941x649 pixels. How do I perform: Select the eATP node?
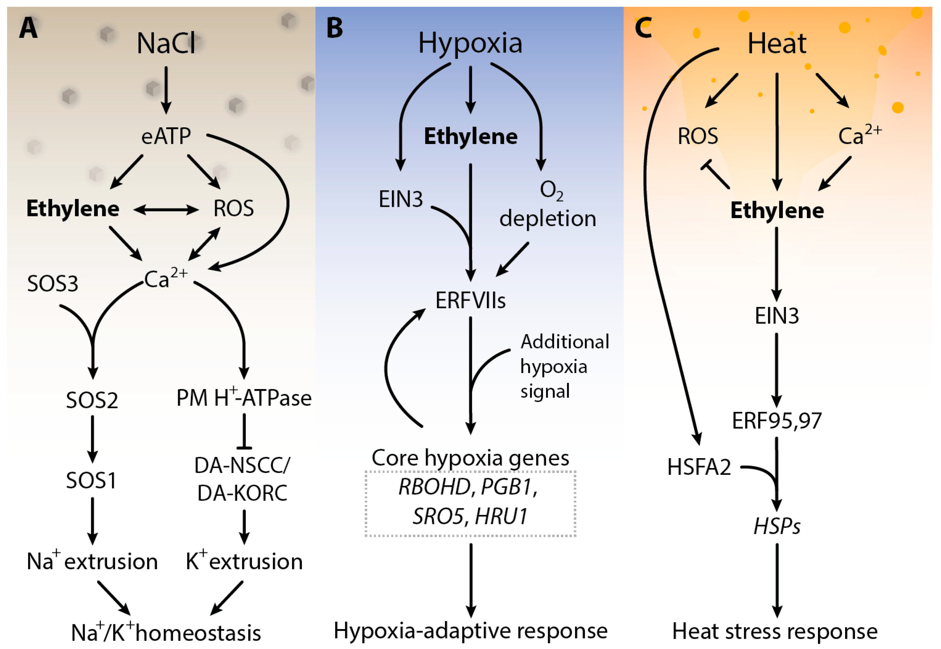[x=166, y=136]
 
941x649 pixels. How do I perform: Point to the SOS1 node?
[x=92, y=481]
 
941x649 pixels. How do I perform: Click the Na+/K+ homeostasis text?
[x=166, y=632]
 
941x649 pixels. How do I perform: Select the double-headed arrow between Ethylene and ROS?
[x=166, y=210]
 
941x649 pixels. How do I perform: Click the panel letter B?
[x=334, y=28]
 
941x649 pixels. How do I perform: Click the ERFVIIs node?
[x=470, y=301]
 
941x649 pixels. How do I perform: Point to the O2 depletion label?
[x=547, y=205]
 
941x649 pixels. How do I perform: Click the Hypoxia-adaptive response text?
[x=470, y=631]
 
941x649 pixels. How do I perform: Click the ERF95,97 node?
[x=776, y=421]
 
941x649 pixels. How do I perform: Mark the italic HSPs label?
[x=776, y=526]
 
